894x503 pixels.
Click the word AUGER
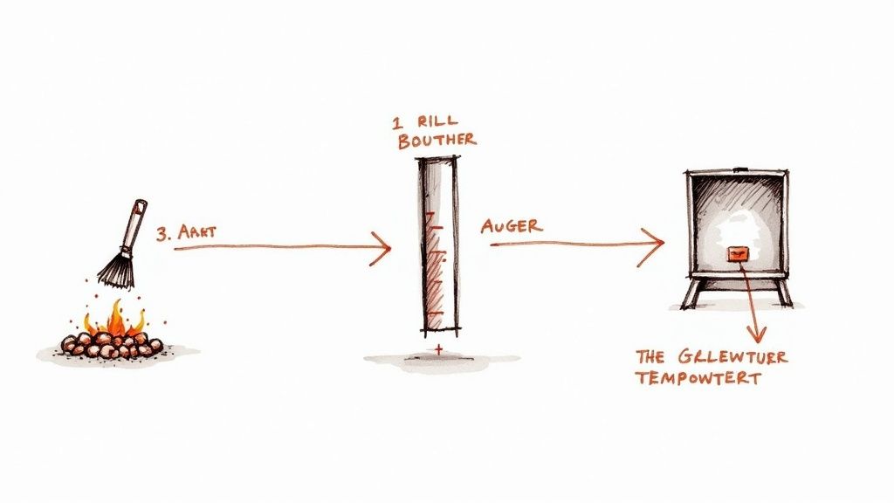511,225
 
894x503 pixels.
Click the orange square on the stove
738,253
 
